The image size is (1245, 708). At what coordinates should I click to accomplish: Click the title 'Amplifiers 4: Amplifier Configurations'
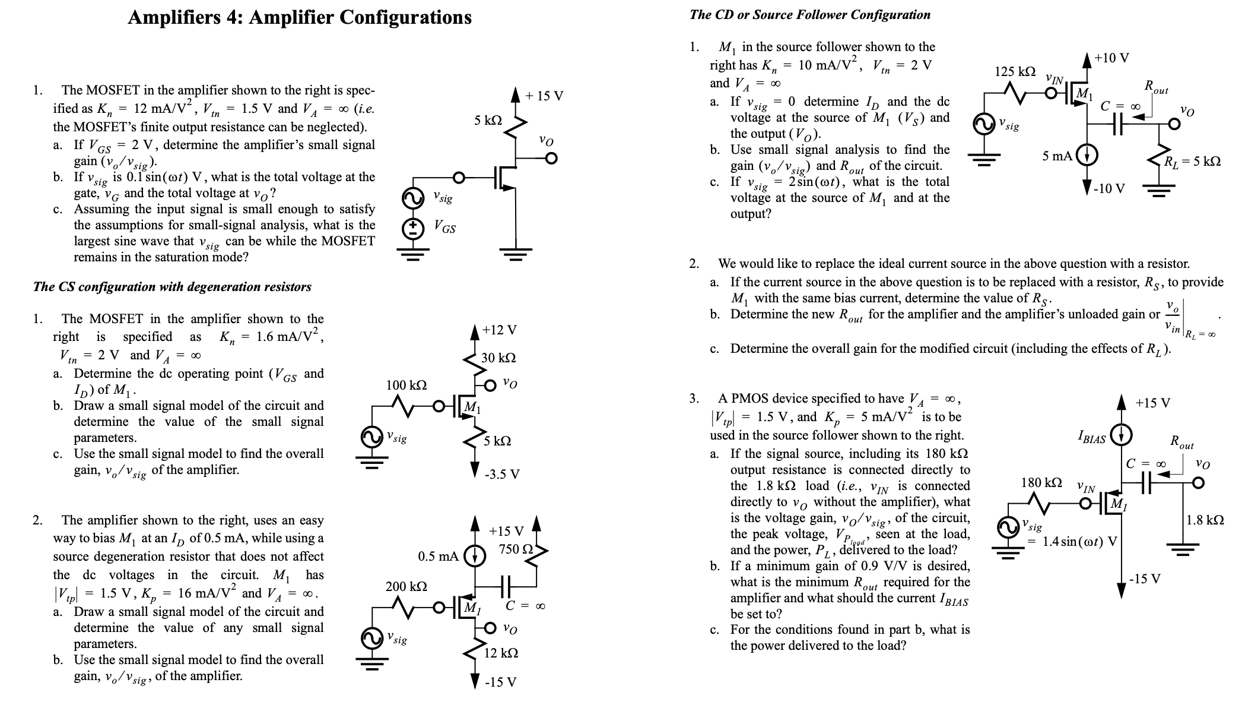point(300,18)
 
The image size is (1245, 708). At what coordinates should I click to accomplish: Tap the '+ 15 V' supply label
point(544,96)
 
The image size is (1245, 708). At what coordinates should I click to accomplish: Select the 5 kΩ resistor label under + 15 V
point(488,120)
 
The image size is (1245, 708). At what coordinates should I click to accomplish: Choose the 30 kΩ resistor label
point(498,358)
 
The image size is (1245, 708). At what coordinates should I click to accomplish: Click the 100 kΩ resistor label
point(406,385)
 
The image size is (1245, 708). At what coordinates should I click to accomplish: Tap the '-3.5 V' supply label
point(502,474)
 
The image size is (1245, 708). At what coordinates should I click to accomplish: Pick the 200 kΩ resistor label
point(406,586)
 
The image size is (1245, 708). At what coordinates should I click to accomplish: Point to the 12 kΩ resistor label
point(501,653)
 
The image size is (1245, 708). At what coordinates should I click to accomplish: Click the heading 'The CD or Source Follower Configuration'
point(810,15)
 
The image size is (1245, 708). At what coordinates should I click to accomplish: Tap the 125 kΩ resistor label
point(1015,72)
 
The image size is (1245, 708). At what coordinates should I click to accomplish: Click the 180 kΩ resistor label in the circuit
point(1041,482)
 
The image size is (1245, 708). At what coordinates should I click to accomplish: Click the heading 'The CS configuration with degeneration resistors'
point(172,287)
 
